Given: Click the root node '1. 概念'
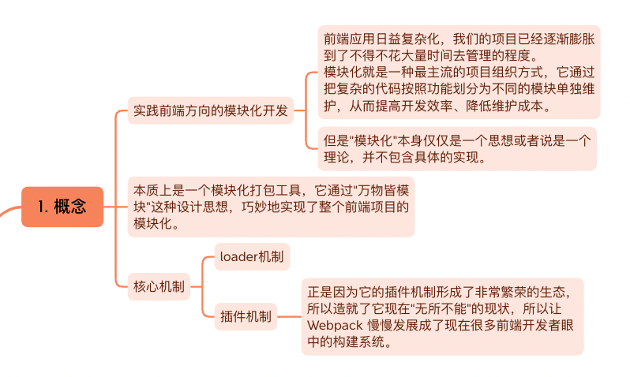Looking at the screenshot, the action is (x=62, y=207).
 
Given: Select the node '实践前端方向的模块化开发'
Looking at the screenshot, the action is (x=210, y=110).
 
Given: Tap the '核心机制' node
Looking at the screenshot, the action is (x=159, y=286).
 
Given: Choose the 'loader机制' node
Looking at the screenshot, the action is (x=253, y=256).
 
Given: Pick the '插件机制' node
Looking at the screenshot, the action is (x=246, y=317).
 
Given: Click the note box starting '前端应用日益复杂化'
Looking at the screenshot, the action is (x=459, y=72).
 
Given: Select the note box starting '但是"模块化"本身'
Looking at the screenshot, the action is (x=457, y=148).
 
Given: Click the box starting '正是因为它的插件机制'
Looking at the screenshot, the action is (x=442, y=316).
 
